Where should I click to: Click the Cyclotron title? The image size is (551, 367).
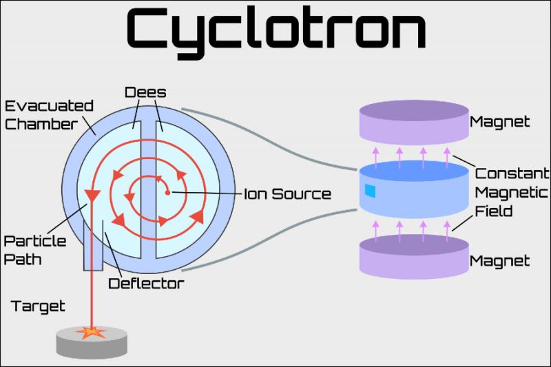click(x=276, y=32)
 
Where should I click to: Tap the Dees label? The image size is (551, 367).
click(x=145, y=92)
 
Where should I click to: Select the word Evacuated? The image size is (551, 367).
click(x=49, y=106)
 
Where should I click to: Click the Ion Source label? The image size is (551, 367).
click(x=287, y=194)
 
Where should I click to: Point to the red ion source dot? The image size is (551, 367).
click(x=167, y=193)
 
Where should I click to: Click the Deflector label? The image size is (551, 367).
click(x=146, y=284)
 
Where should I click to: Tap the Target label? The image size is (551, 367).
click(x=38, y=306)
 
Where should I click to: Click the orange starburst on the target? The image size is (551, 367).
click(x=91, y=332)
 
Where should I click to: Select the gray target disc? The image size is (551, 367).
click(x=92, y=342)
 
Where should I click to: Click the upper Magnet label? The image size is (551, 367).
click(x=499, y=122)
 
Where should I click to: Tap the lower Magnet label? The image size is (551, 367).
click(x=499, y=261)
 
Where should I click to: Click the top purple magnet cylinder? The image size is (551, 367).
click(x=414, y=123)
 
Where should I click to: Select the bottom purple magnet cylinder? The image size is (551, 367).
click(x=414, y=257)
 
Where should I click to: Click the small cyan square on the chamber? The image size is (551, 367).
click(x=370, y=191)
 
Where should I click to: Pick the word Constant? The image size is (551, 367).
click(x=512, y=174)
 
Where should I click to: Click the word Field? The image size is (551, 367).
click(x=493, y=211)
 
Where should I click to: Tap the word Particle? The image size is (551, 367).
click(x=35, y=241)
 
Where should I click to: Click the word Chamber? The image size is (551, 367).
click(x=41, y=125)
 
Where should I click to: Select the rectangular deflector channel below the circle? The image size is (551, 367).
click(x=93, y=246)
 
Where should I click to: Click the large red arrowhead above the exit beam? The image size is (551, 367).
click(x=92, y=196)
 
